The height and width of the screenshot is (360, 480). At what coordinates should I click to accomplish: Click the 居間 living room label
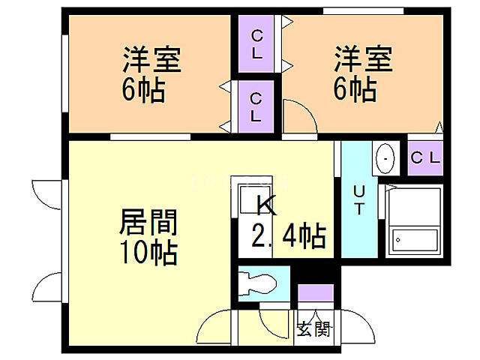click(x=148, y=223)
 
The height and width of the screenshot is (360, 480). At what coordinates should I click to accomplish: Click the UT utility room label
click(x=359, y=199)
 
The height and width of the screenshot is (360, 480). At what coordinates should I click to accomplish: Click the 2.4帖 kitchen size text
click(x=288, y=237)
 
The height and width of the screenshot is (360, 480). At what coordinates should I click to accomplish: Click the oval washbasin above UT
click(x=385, y=158)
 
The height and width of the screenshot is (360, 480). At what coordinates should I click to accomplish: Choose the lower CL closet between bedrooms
click(x=256, y=106)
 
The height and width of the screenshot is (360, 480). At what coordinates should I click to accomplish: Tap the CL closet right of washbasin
click(x=427, y=157)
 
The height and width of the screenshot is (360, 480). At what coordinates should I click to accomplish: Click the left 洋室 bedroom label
click(x=151, y=59)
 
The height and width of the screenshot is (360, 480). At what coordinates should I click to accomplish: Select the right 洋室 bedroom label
click(x=362, y=59)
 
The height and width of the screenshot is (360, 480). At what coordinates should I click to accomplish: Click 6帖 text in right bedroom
click(x=355, y=91)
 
